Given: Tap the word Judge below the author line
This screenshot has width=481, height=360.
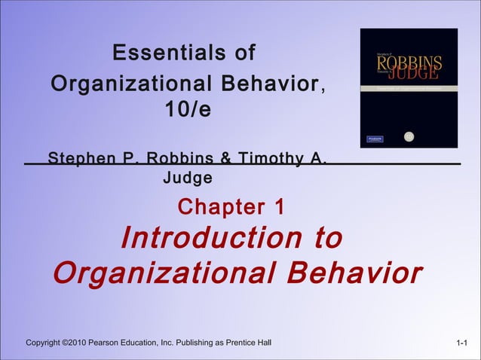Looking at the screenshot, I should tap(188, 178).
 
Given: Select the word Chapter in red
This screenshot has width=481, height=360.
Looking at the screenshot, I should tap(213, 206).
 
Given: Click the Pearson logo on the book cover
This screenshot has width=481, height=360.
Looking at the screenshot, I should tap(375, 139).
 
